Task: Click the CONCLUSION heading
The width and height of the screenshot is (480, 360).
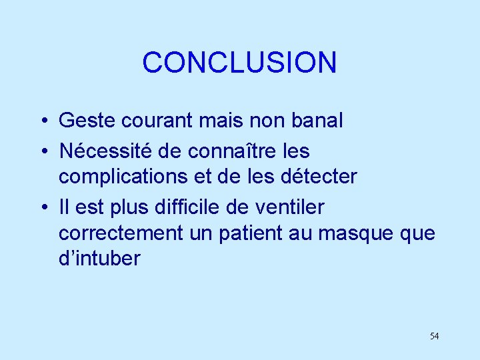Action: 239,63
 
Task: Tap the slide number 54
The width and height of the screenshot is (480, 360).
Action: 434,336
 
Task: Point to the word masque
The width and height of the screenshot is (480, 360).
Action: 355,234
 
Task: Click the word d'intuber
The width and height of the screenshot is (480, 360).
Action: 100,259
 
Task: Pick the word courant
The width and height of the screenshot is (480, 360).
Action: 150,121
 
